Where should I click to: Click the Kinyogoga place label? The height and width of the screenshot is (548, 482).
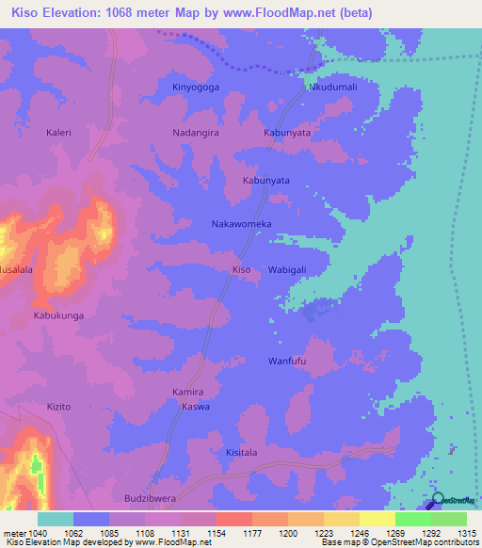click(195, 87)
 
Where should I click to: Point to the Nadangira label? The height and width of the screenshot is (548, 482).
click(196, 133)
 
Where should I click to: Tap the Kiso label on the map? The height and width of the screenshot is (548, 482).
click(242, 269)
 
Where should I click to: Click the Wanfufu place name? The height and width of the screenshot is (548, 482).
click(288, 361)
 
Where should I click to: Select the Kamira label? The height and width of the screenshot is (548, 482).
click(188, 392)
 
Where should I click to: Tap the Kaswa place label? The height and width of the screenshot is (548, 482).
click(196, 407)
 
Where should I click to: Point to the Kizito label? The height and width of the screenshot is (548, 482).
click(58, 407)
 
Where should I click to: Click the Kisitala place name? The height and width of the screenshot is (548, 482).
click(242, 453)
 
